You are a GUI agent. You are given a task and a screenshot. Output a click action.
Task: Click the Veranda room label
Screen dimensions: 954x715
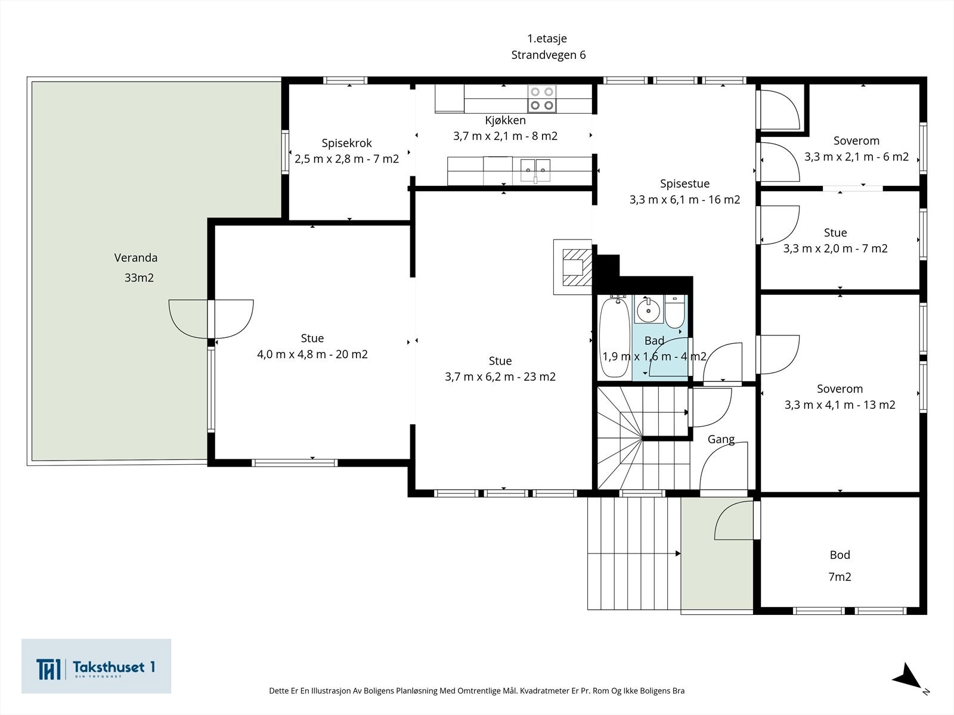click(x=135, y=258)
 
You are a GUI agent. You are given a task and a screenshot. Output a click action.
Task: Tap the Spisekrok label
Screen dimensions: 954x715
click(x=347, y=143)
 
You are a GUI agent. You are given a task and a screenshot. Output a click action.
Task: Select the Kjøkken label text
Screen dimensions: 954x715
click(x=506, y=120)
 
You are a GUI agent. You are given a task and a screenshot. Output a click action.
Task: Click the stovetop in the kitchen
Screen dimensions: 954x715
click(x=542, y=98)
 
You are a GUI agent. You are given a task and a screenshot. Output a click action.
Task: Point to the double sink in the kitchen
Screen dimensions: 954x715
click(x=535, y=169)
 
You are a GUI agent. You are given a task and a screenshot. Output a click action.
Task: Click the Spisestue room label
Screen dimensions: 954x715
click(x=684, y=184)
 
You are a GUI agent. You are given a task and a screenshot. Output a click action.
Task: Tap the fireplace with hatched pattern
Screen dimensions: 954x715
click(x=573, y=267)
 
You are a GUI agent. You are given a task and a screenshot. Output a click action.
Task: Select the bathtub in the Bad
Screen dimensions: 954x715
click(x=614, y=337)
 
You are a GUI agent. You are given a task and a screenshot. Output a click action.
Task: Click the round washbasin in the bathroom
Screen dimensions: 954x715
click(x=649, y=310)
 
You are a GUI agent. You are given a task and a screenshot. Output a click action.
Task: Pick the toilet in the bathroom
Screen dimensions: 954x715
click(x=674, y=312)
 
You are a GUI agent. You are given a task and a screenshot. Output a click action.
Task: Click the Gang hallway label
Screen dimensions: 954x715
click(x=721, y=439)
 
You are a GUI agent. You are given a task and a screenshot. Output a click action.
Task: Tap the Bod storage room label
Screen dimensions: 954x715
click(x=840, y=555)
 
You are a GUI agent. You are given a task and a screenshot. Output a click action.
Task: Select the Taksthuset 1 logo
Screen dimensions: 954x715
click(x=96, y=666)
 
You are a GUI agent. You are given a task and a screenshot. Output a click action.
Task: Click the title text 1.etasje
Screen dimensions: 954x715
click(x=547, y=39)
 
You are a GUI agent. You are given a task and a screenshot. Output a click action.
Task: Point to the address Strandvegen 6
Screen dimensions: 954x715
click(x=549, y=55)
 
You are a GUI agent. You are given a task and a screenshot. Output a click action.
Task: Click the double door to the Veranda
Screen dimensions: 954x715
click(x=211, y=319)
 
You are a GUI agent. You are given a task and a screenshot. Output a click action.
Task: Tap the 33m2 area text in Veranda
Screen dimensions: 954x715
click(x=139, y=278)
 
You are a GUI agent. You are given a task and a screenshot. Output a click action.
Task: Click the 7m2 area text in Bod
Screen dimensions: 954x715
click(x=840, y=577)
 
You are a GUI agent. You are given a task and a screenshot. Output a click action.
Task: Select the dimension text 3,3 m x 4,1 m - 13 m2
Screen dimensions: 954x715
click(x=840, y=405)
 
